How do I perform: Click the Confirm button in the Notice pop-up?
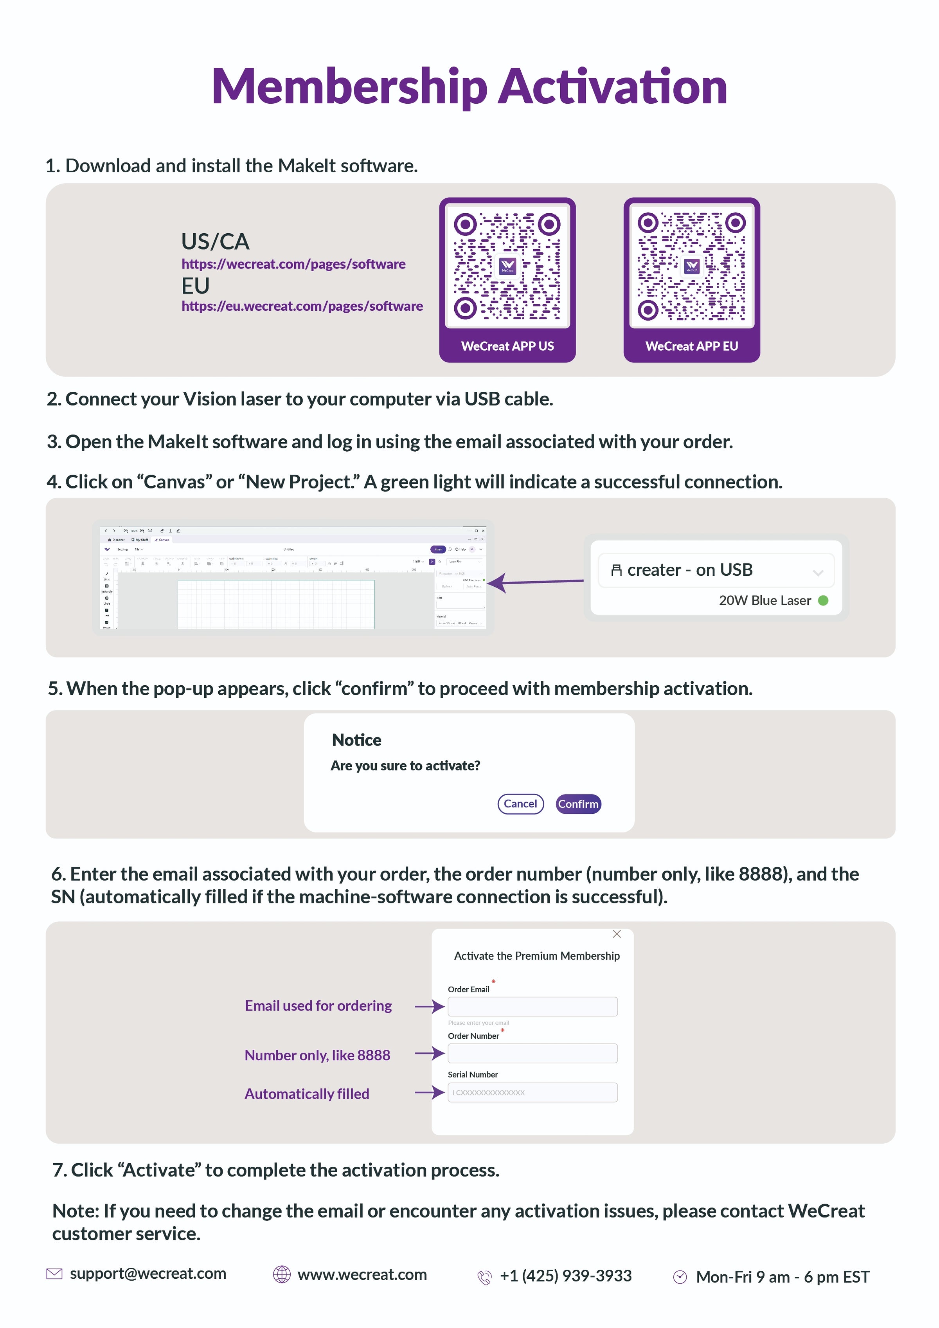578,804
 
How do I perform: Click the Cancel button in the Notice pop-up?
520,804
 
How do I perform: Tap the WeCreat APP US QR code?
507,266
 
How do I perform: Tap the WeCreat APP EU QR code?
691,266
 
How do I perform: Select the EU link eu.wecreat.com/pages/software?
302,306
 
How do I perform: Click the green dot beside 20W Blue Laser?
823,600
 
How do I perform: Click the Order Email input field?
532,1006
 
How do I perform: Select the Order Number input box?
532,1053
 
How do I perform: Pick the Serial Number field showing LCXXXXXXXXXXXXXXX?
532,1093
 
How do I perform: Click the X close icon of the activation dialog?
617,934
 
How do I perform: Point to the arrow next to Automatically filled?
430,1093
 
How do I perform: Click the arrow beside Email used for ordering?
430,1006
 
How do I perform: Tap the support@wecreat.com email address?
148,1274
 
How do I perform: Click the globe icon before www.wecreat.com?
282,1274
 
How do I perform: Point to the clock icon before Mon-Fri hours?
680,1277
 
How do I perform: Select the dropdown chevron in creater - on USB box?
818,573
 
